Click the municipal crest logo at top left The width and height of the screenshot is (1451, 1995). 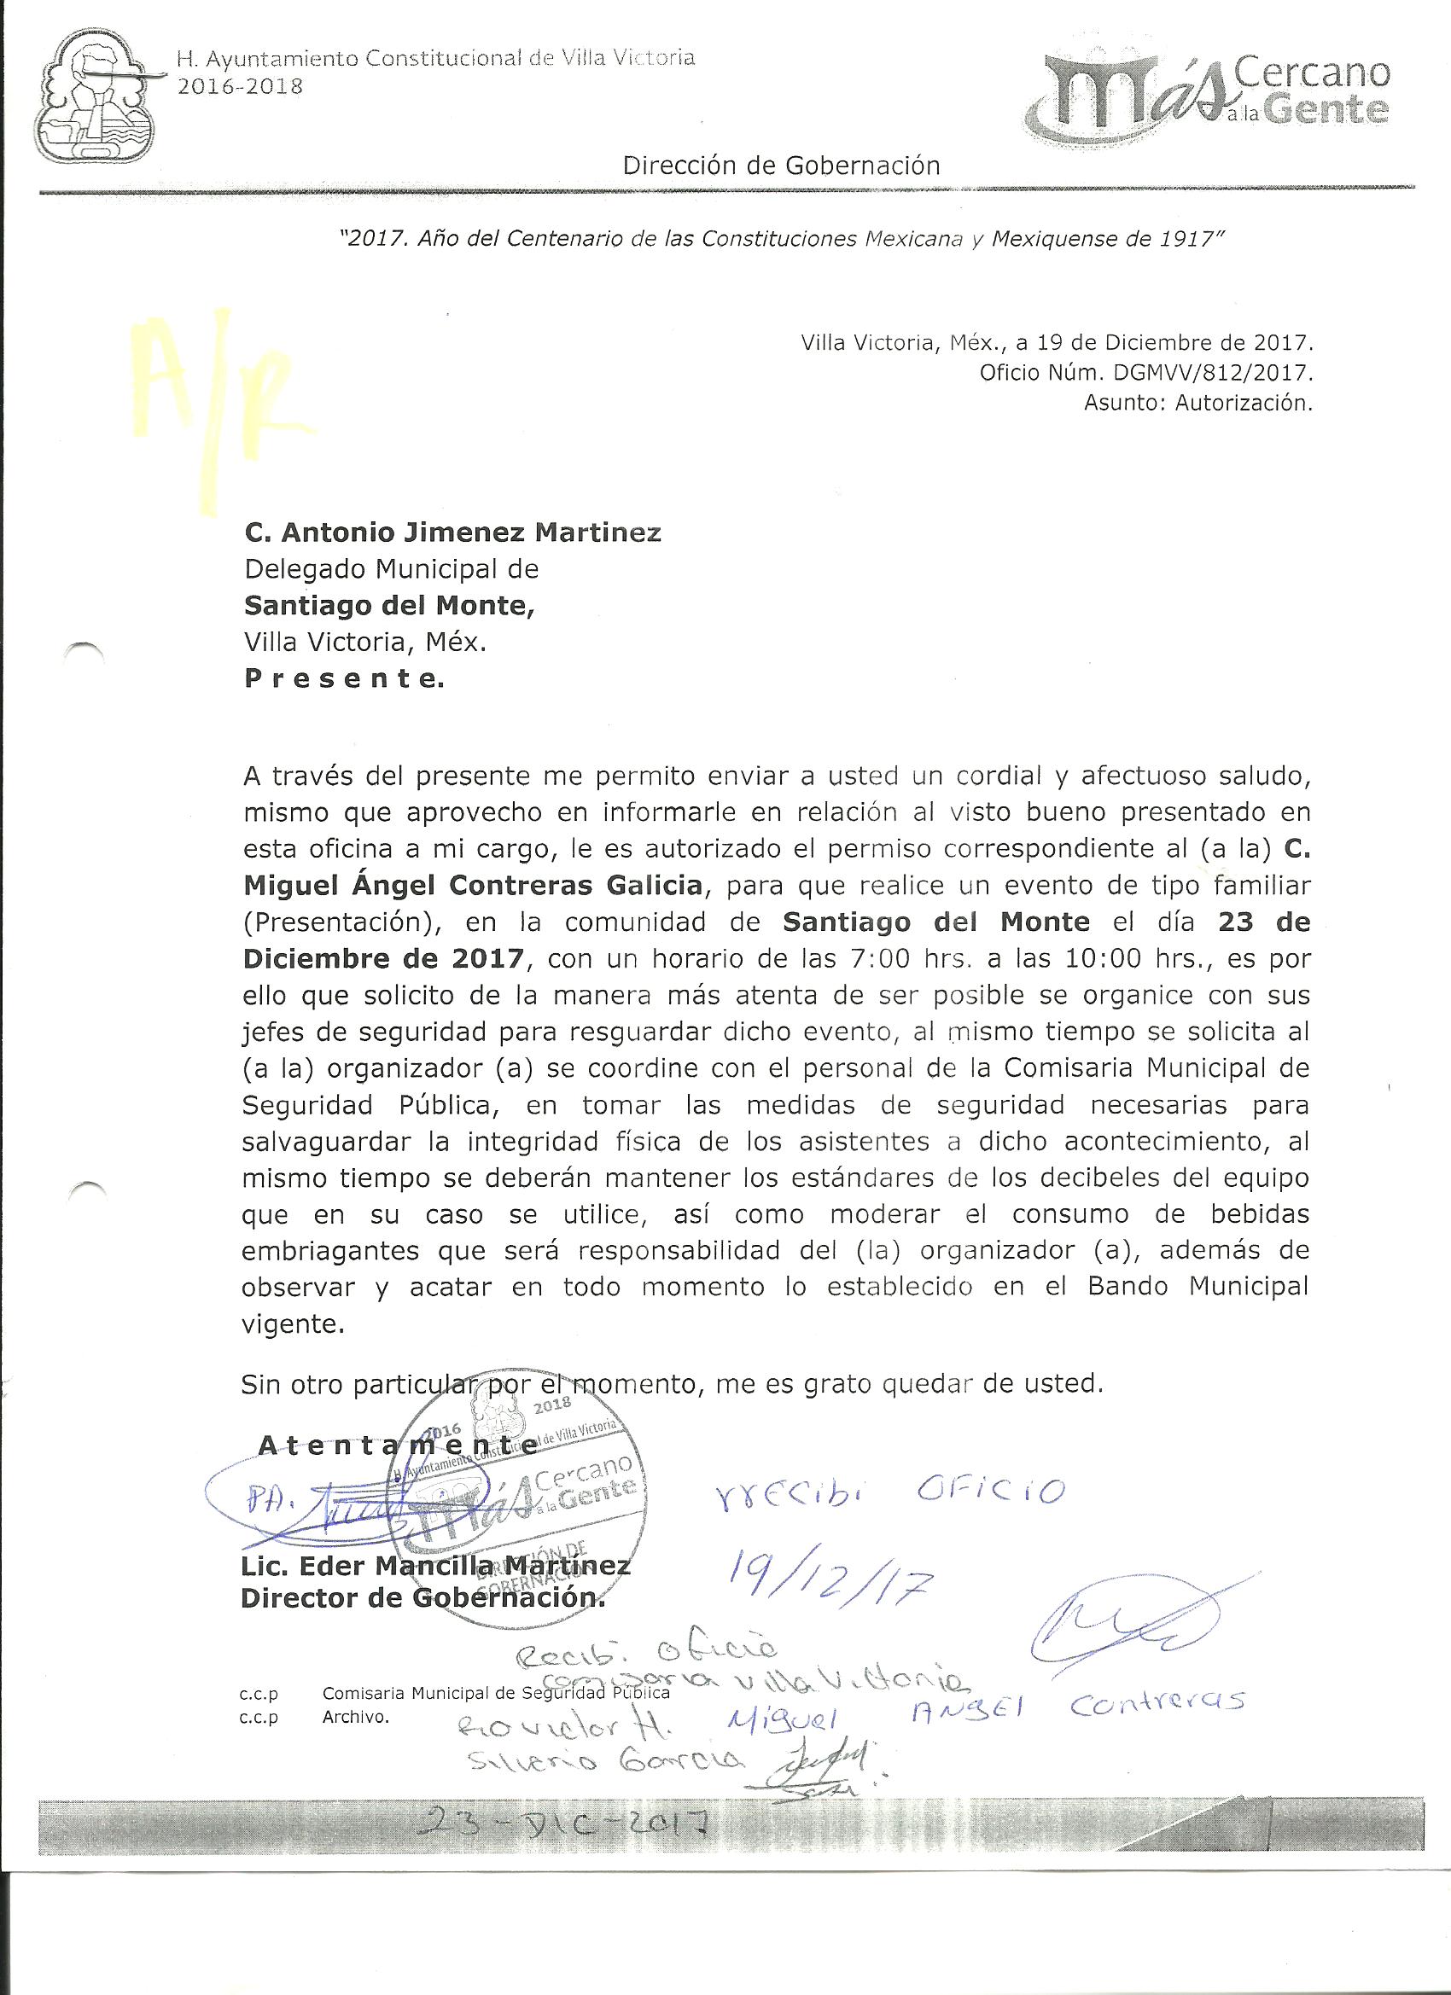[x=94, y=98]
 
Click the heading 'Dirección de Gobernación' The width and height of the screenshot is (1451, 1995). [x=781, y=165]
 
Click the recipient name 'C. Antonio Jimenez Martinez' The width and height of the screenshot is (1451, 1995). [x=452, y=533]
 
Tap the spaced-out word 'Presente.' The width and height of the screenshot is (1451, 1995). [x=344, y=679]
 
